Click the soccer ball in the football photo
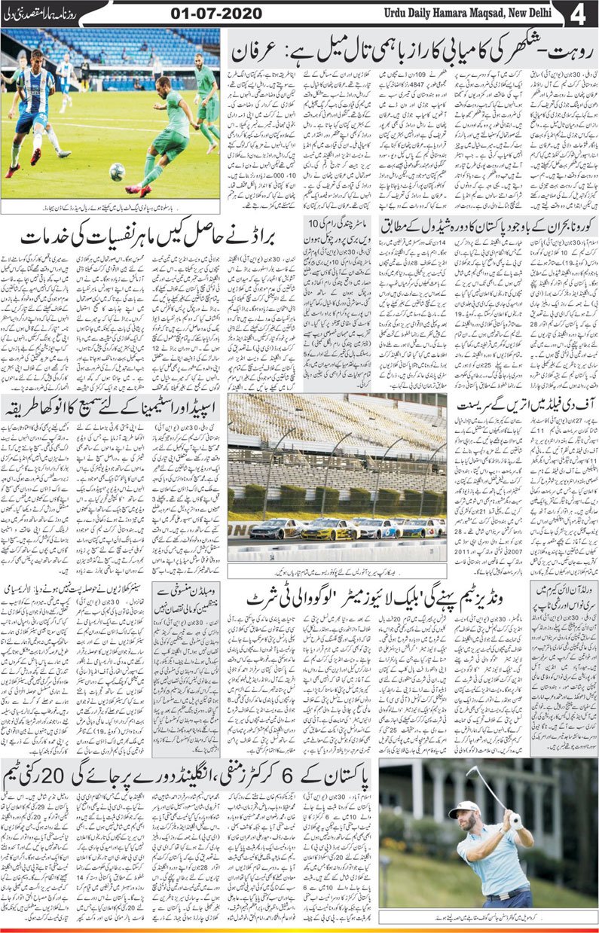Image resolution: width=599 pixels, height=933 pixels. (x=117, y=172)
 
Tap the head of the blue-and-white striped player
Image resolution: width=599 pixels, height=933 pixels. (x=35, y=59)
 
